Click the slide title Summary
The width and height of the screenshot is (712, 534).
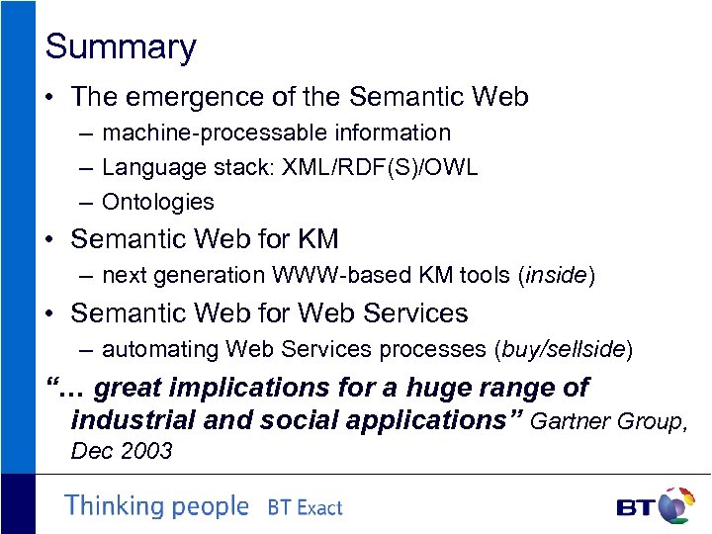click(x=121, y=47)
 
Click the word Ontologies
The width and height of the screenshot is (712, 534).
click(x=157, y=202)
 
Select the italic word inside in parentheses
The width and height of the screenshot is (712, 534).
click(x=555, y=276)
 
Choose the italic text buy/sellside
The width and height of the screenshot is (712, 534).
click(x=564, y=349)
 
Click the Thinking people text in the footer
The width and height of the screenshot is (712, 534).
click(x=156, y=506)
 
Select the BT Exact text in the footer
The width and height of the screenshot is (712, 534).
click(x=305, y=508)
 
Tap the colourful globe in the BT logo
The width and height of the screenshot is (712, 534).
click(x=675, y=505)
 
